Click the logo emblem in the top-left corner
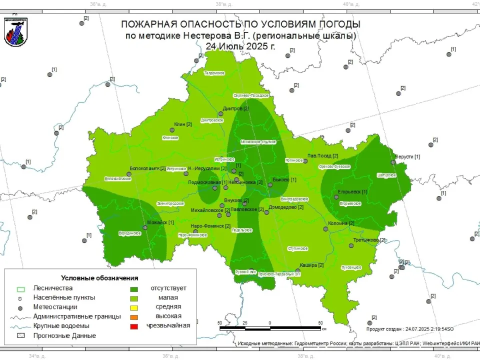pos(15,31)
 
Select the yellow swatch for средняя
pos(134,307)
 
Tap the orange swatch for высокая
pos(134,316)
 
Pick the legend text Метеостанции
pos(55,307)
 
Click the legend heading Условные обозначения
pos(99,278)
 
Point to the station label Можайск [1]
pos(160,222)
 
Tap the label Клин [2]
pos(183,124)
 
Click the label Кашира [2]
pos(311,265)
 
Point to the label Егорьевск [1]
pos(352,191)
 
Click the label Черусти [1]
pos(407,156)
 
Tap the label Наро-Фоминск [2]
pos(210,226)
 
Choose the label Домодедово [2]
pos(286,206)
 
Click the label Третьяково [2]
pos(369,240)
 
